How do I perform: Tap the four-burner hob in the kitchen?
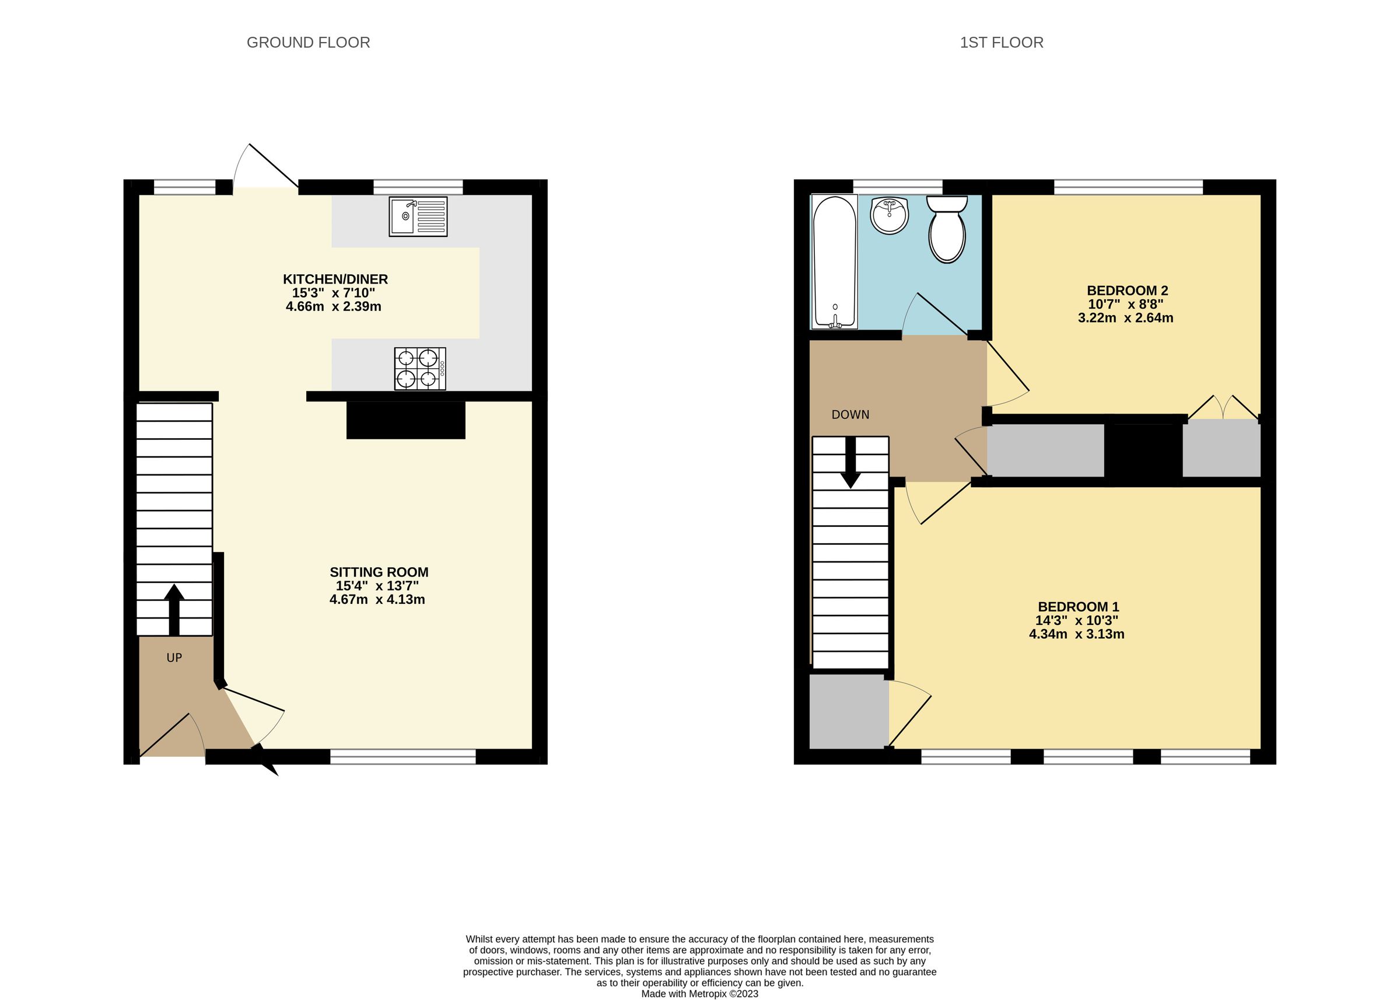(x=421, y=368)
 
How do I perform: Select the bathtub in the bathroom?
(x=834, y=262)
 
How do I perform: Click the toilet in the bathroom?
(x=947, y=229)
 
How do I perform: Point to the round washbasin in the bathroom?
(x=890, y=215)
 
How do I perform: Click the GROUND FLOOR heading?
(x=308, y=43)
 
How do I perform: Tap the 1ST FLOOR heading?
(x=1001, y=43)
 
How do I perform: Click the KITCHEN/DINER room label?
(x=335, y=279)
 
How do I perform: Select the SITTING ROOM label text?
(x=379, y=571)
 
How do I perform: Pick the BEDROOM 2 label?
(x=1126, y=290)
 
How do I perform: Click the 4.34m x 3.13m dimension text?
(x=1076, y=634)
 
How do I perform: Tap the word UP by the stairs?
(x=174, y=658)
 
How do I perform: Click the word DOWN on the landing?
(x=850, y=414)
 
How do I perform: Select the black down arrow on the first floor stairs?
(x=851, y=462)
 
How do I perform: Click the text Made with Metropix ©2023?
(x=699, y=993)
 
